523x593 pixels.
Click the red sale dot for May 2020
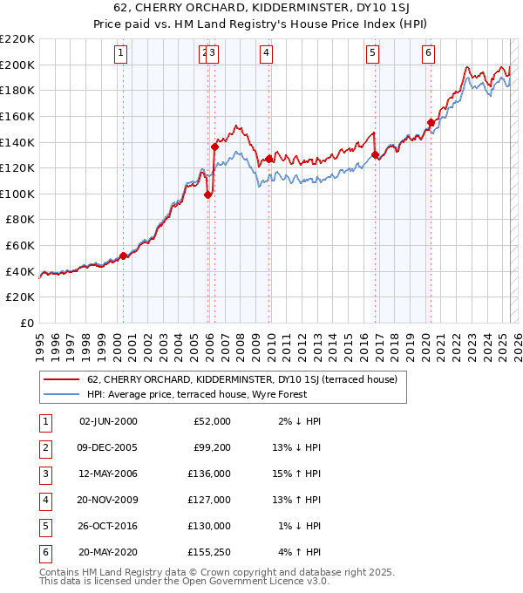point(431,122)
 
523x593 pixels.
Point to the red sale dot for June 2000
point(123,256)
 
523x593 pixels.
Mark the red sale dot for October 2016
point(376,155)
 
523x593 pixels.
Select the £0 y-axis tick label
point(27,324)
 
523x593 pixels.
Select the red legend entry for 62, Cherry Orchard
point(241,379)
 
